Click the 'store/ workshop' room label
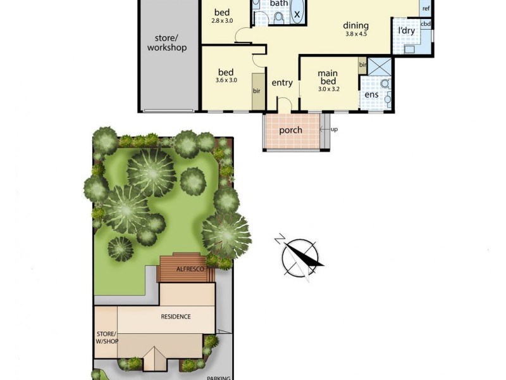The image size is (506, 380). [x=167, y=42]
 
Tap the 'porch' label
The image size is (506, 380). [x=291, y=130]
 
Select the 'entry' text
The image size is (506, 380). [x=282, y=83]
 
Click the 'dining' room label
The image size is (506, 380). [x=355, y=26]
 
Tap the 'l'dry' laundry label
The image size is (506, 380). [x=405, y=30]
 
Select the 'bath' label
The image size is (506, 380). [x=279, y=4]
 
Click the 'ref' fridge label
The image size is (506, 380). [x=426, y=9]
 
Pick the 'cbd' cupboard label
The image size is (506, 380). [x=426, y=24]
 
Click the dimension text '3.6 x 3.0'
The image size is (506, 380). [x=226, y=80]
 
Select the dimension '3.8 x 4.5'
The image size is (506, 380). [x=356, y=34]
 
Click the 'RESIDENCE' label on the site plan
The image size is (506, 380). [x=175, y=317]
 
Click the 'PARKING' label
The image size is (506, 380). [x=219, y=377]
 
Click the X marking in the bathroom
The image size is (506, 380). [x=297, y=13]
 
